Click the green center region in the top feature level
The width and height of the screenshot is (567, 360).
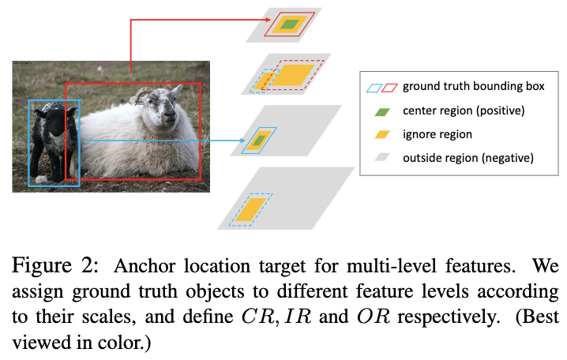click(x=290, y=24)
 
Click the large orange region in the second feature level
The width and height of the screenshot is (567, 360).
click(x=294, y=76)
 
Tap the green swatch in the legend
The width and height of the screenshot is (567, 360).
click(x=379, y=110)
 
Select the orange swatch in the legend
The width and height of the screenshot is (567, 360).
click(x=379, y=134)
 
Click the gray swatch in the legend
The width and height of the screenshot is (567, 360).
click(x=379, y=158)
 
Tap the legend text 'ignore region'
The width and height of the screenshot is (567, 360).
click(x=437, y=134)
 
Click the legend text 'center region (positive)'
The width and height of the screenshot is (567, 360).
click(x=463, y=110)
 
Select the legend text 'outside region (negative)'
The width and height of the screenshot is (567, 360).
click(x=468, y=158)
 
